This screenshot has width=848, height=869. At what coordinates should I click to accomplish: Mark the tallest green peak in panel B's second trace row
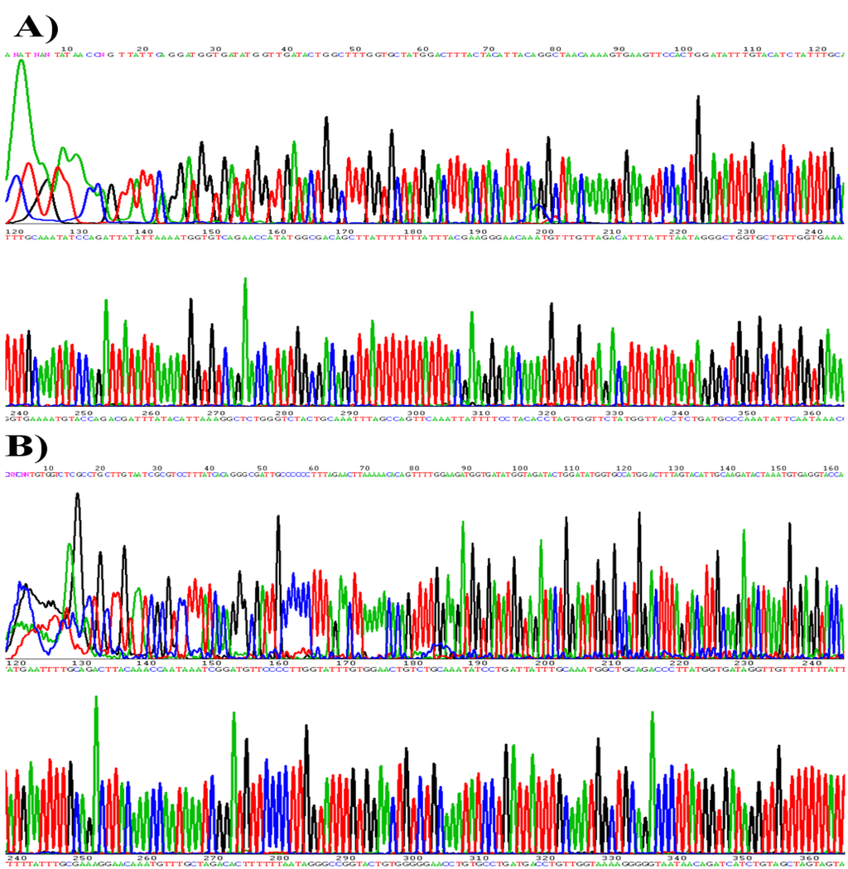pos(96,699)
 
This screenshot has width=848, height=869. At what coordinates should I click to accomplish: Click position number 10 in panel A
pos(67,49)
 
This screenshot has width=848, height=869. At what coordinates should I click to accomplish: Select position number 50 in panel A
pos(354,49)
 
